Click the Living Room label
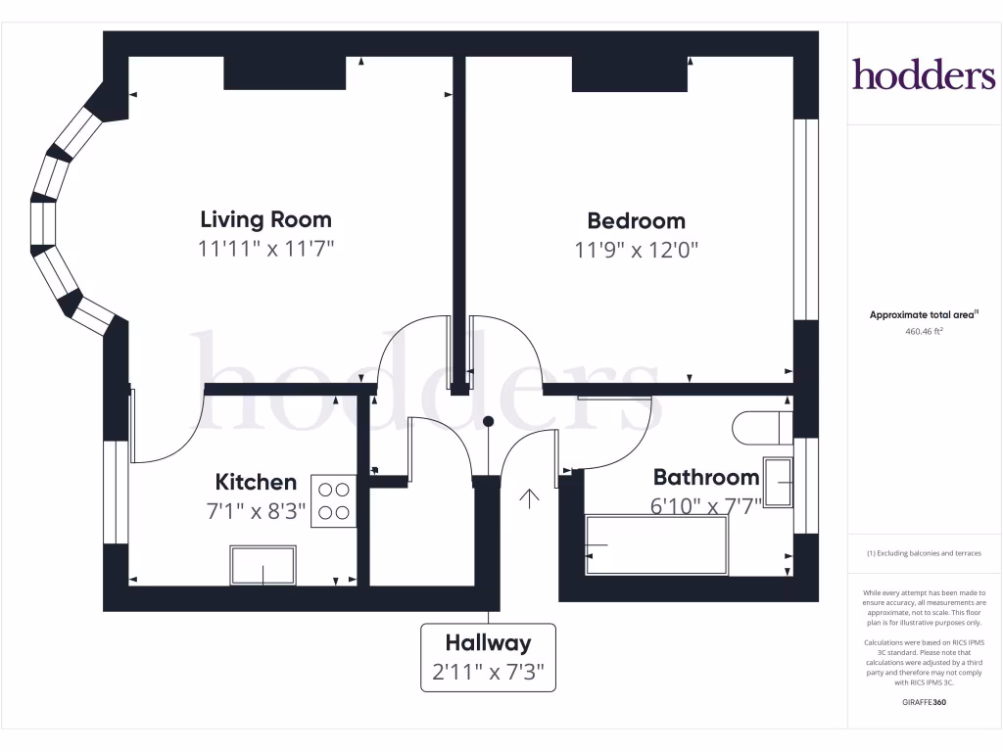[265, 219]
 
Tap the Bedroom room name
[636, 220]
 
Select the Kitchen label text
[256, 482]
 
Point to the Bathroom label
[705, 477]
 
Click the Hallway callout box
[488, 657]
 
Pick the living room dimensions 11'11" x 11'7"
[265, 249]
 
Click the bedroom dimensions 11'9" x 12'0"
[636, 250]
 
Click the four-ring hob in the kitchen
[333, 500]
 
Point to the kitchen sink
[263, 565]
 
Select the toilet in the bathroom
[760, 427]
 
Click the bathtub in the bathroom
[656, 545]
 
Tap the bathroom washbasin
[778, 482]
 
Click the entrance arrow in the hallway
[529, 498]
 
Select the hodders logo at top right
[923, 73]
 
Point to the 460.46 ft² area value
[924, 332]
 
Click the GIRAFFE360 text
[924, 702]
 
